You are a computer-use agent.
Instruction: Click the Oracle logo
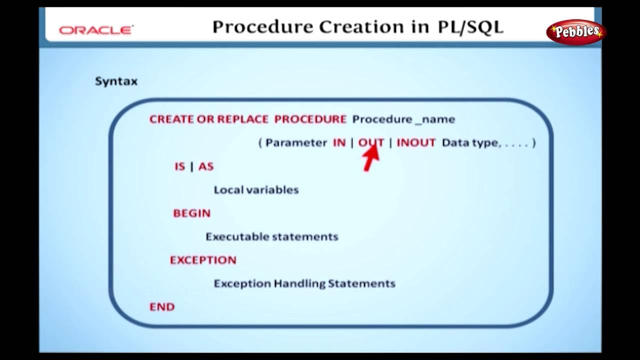tap(96, 30)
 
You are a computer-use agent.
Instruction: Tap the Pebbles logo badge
tap(576, 32)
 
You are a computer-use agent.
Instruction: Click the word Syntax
tap(116, 81)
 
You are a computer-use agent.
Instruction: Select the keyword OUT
tap(371, 142)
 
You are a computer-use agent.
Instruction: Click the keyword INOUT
tap(416, 142)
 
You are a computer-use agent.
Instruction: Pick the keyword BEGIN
tap(191, 213)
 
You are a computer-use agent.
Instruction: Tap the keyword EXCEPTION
tap(203, 260)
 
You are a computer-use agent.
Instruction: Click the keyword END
tap(162, 306)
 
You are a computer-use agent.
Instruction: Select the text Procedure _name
tap(403, 119)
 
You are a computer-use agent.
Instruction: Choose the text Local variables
tap(256, 190)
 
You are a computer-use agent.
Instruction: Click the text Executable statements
tap(272, 236)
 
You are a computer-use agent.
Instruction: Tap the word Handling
tap(300, 283)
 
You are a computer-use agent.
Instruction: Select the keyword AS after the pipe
tap(206, 166)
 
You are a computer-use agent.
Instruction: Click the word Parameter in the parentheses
tap(296, 142)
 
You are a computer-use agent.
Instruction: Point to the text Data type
tap(469, 142)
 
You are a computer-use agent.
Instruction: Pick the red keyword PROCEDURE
tap(310, 119)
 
